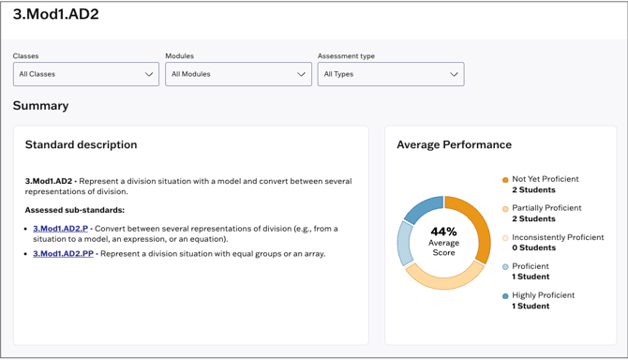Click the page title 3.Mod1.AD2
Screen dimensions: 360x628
click(55, 15)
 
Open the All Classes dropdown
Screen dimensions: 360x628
click(85, 74)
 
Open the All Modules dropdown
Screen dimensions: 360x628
click(238, 74)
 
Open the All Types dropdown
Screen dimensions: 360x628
click(390, 74)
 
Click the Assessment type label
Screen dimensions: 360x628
click(346, 56)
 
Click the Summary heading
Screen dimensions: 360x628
click(40, 106)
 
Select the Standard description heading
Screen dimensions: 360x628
click(81, 145)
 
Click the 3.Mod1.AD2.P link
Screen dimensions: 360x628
click(60, 229)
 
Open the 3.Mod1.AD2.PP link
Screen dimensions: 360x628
click(63, 253)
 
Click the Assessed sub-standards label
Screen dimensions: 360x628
click(74, 210)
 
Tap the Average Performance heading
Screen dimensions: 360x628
click(454, 145)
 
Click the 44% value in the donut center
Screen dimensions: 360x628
click(443, 232)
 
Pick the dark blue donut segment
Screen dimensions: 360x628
click(424, 208)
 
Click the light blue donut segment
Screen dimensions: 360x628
click(405, 243)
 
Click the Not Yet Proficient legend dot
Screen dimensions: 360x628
click(505, 180)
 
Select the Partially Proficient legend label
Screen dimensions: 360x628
click(546, 208)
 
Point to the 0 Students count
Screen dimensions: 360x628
click(533, 248)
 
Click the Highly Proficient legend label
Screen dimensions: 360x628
click(543, 295)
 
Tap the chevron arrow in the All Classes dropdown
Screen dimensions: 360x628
click(149, 74)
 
